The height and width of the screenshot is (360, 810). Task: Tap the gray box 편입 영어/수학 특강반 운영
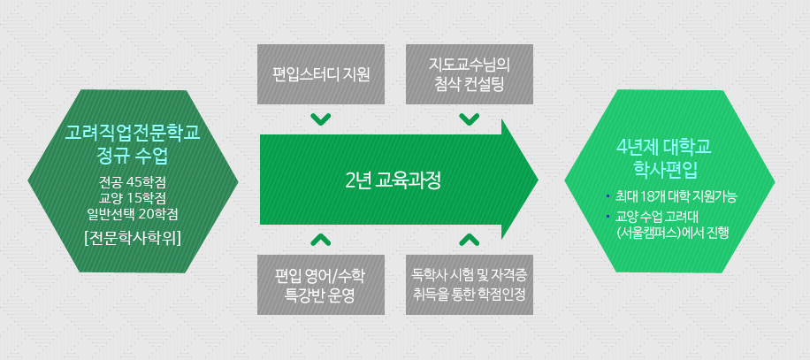click(321, 284)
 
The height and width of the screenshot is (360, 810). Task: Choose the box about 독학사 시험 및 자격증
click(469, 284)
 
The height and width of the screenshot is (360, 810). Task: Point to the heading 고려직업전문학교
click(134, 134)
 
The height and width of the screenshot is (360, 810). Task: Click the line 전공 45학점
click(134, 182)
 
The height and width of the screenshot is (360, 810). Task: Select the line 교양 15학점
click(134, 197)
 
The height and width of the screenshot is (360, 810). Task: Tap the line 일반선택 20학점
click(134, 212)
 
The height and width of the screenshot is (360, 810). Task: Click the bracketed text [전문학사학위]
click(134, 236)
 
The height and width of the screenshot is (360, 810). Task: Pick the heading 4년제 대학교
click(669, 146)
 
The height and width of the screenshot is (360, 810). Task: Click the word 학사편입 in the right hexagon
click(669, 167)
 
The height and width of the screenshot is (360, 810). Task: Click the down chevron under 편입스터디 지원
click(321, 119)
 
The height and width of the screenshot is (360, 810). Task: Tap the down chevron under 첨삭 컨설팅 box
click(469, 119)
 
